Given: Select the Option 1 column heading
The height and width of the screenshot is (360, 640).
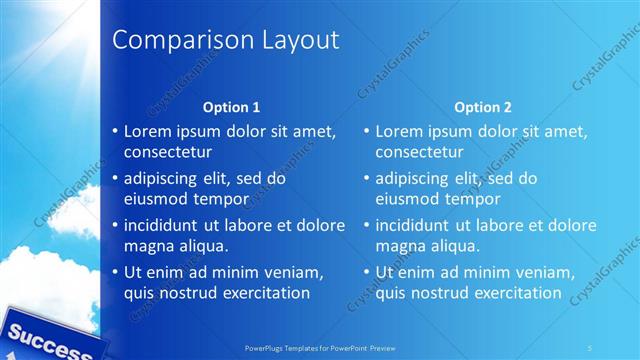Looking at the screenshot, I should [x=231, y=106].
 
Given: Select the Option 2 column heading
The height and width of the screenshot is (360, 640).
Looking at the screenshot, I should [x=482, y=106].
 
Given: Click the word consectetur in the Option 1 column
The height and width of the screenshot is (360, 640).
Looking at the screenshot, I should [x=167, y=152].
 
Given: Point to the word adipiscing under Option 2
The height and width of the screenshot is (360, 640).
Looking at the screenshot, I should [x=411, y=178].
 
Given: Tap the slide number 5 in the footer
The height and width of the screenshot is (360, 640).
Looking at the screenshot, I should [x=590, y=347].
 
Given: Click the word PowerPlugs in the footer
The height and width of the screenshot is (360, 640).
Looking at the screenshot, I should [x=267, y=347].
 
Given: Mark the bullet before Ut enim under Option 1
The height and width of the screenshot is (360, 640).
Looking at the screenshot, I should [x=115, y=272].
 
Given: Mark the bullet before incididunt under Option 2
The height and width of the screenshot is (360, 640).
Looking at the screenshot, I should [x=367, y=225].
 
